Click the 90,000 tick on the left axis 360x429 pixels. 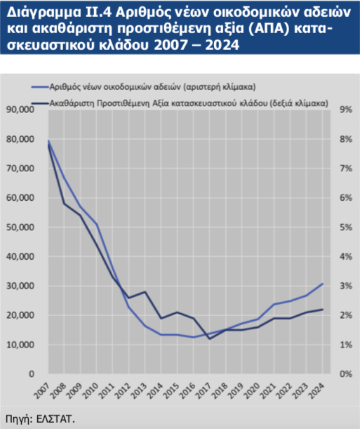20,110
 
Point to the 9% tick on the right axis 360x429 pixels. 346,110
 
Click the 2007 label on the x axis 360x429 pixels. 42,390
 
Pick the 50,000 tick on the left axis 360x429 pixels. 20,227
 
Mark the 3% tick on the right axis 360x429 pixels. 346,286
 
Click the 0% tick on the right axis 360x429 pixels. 346,374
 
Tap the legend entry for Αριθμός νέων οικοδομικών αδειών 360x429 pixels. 144,87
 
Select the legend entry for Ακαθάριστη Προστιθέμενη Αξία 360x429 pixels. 180,103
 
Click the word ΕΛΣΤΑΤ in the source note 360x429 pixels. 55,419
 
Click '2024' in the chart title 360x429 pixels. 222,45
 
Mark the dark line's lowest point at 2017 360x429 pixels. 210,339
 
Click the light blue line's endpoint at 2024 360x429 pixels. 323,284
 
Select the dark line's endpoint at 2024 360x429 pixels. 323,310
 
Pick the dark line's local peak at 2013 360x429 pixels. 145,291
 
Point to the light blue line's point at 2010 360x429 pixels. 97,225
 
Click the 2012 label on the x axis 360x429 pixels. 124,390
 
